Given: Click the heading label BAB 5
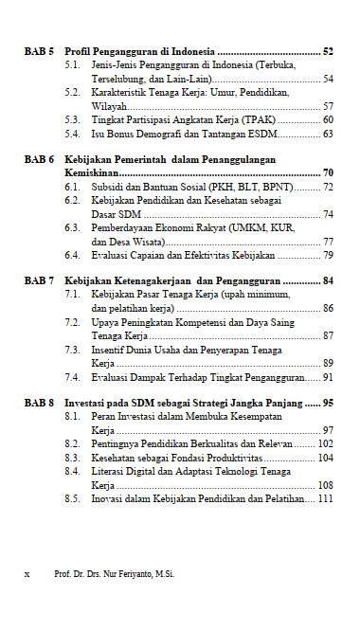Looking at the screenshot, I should [39, 50].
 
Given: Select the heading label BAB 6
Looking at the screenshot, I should [39, 160].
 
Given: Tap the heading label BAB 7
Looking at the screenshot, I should [39, 281].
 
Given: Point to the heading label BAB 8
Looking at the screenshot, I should [39, 403].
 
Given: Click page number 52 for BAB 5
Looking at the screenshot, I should [328, 50].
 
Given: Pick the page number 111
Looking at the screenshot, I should [326, 498].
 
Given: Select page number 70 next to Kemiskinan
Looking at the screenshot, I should [328, 173].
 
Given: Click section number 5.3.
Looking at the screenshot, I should [72, 120].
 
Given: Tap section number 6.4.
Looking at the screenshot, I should [72, 256].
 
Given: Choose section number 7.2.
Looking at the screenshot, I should [72, 323].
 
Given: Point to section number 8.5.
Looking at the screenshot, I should [72, 498].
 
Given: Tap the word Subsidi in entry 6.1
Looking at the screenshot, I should [110, 188].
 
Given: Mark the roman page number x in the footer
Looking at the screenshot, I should [27, 574].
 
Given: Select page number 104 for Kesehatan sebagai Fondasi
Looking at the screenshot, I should [326, 458].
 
